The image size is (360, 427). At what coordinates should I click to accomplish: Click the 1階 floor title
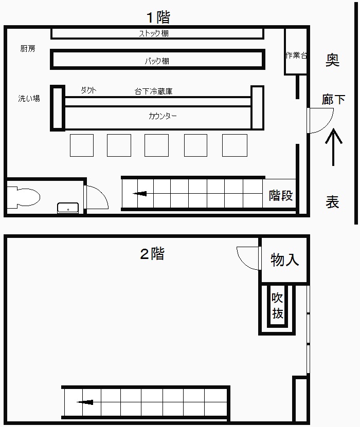coord(158,17)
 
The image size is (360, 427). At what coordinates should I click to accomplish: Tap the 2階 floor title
coord(152,254)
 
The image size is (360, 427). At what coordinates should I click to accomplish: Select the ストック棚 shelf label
coord(154,33)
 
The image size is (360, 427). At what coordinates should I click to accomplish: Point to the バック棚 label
coord(157,61)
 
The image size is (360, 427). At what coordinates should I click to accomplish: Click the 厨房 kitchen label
coord(28,49)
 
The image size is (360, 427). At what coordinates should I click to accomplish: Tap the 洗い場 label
coord(29,98)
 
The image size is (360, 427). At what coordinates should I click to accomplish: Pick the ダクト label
coord(88,90)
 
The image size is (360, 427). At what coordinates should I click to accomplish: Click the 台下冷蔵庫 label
coord(153,91)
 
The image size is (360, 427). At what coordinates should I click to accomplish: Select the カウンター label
coord(163,116)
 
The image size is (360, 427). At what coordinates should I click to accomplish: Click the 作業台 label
coord(296,55)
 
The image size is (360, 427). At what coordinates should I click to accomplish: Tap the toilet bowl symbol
coord(24,197)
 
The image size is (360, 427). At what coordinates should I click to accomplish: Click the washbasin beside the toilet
coord(68,208)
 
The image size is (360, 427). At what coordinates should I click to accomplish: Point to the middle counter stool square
coord(156,145)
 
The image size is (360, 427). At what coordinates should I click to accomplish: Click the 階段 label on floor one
coord(281,195)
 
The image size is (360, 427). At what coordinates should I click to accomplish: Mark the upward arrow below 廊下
coord(333,147)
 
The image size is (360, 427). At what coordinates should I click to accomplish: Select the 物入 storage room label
coord(285,259)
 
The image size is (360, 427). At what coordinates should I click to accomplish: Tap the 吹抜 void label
coord(277,306)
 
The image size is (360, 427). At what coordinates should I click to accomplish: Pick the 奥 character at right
coord(333,60)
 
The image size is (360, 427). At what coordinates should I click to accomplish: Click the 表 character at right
coord(332,202)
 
